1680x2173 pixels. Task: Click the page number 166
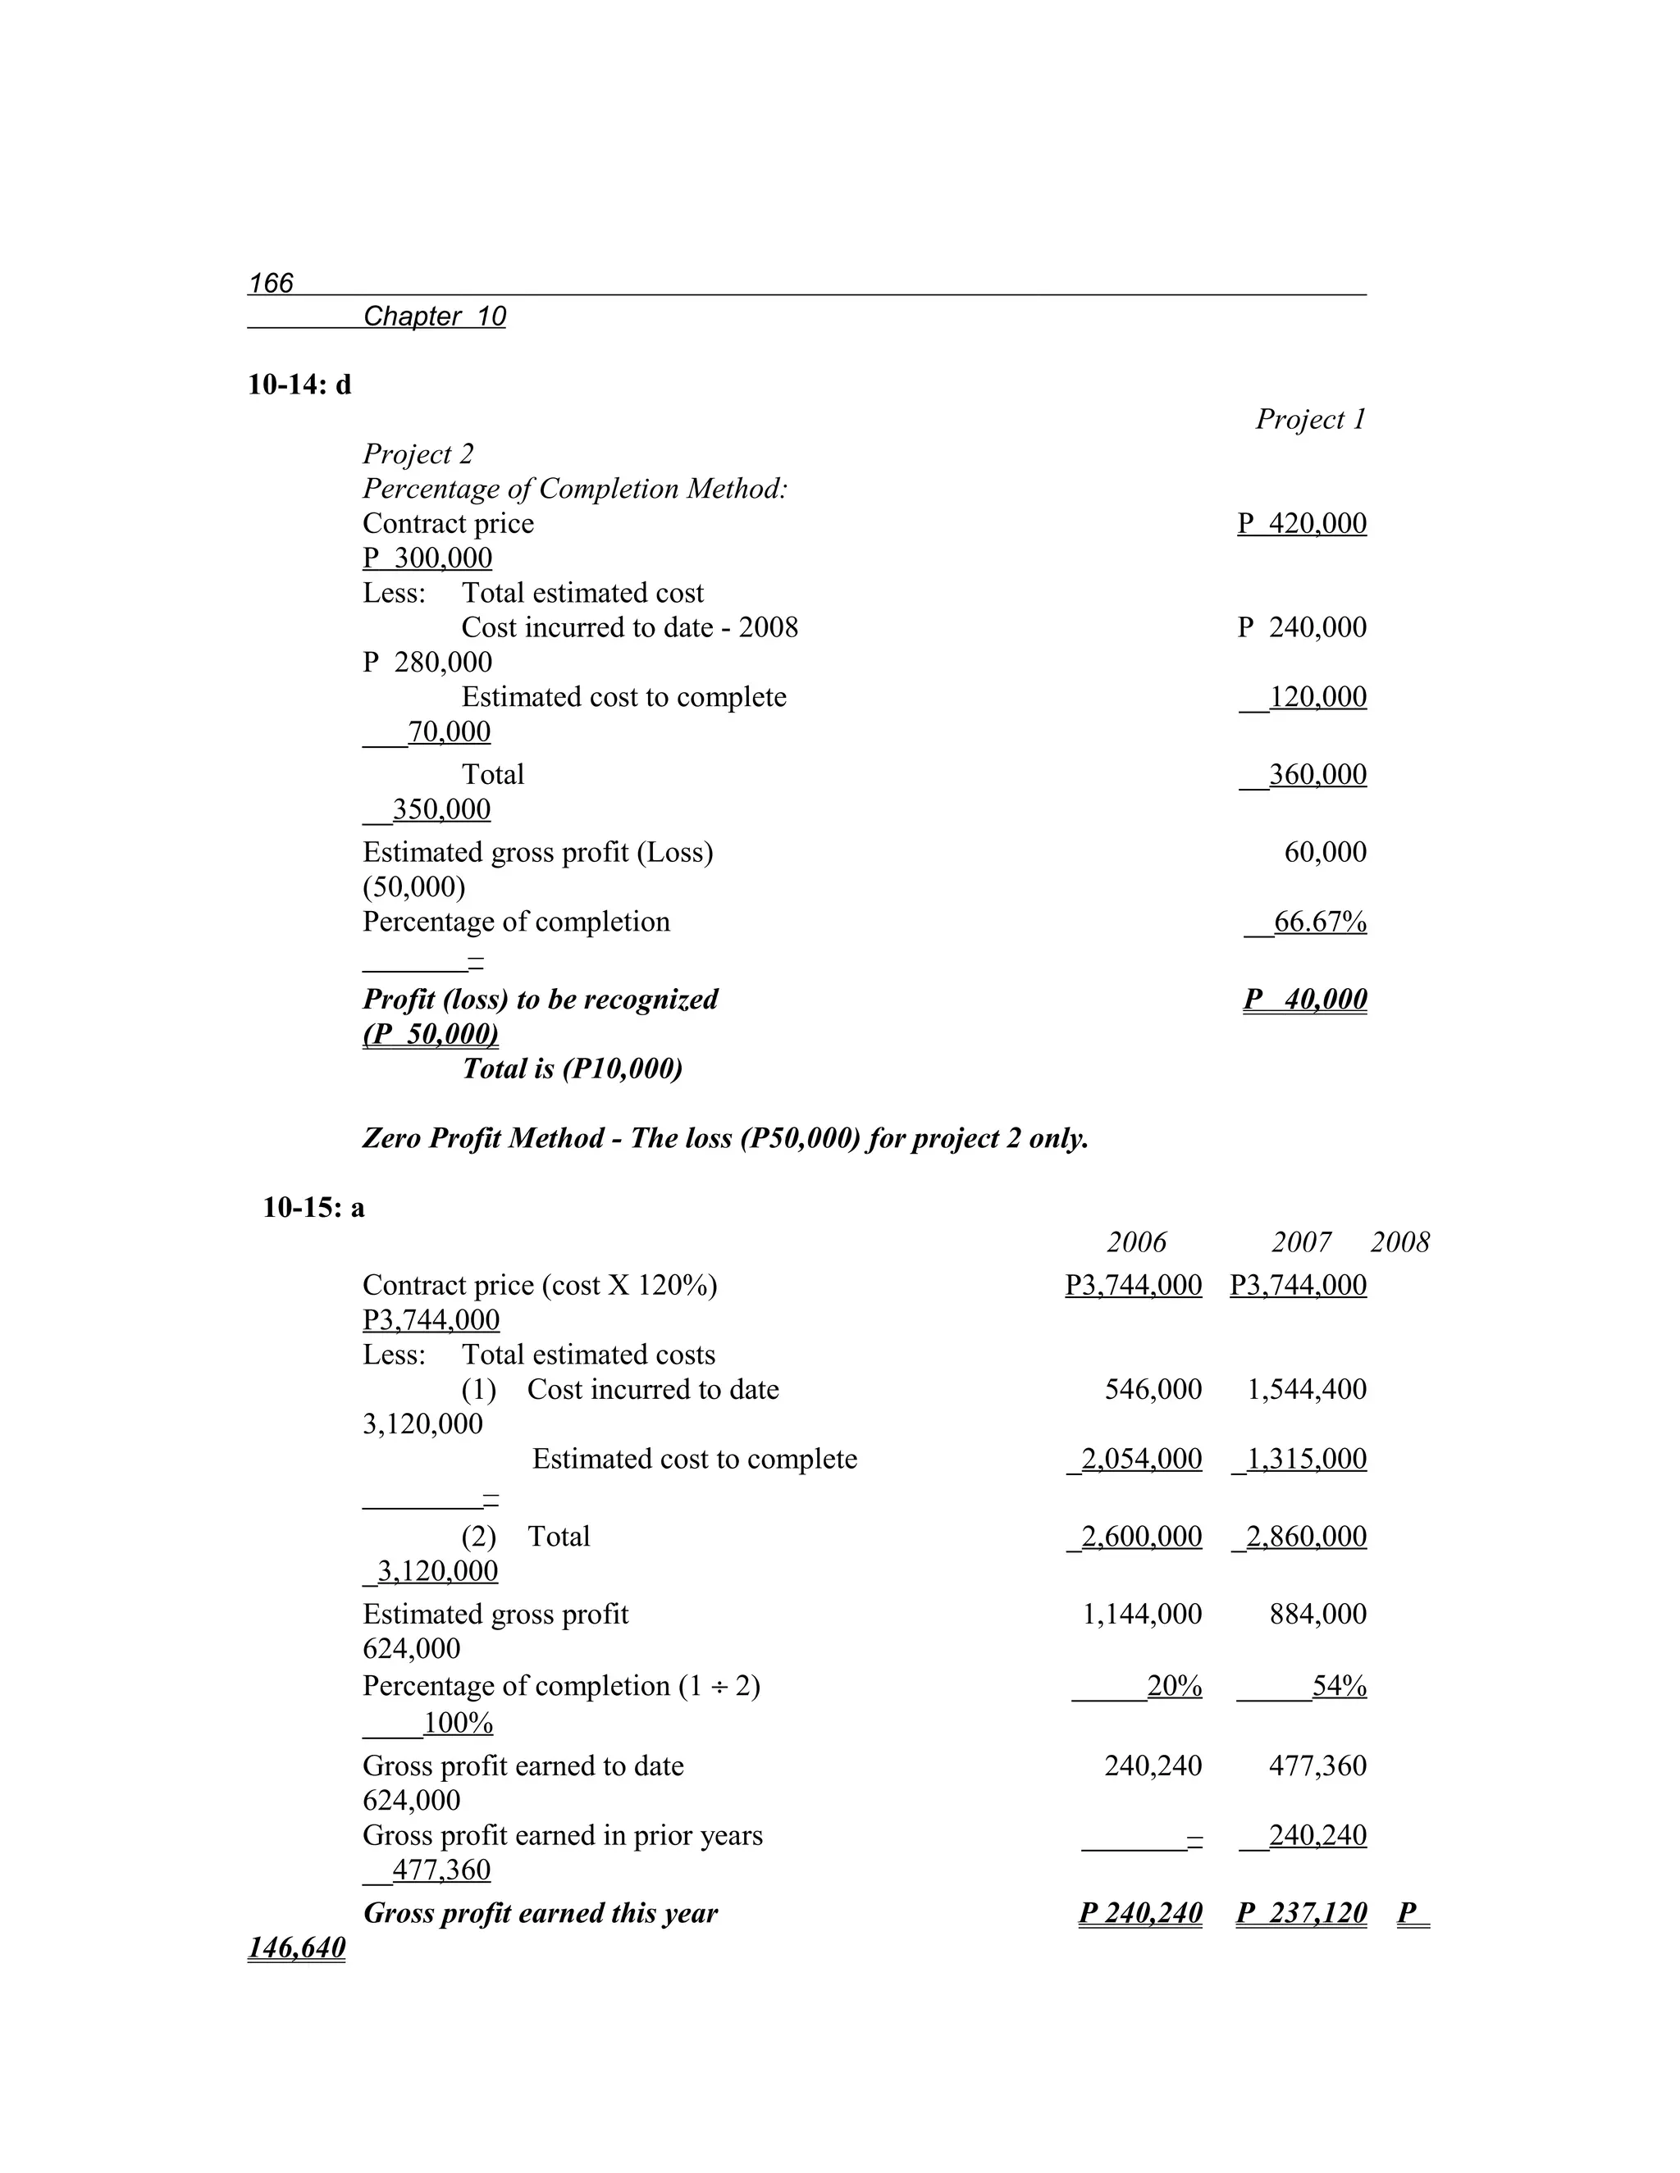[271, 284]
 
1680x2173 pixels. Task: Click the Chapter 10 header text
[434, 317]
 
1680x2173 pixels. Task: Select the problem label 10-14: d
[299, 385]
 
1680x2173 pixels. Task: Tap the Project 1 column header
[1310, 419]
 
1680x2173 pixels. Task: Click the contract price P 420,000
[1302, 523]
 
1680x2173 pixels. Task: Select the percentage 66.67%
[1319, 922]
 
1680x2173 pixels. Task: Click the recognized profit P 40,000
[1305, 999]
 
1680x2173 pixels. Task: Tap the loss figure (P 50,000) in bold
[430, 1034]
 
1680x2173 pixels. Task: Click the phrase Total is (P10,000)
[573, 1068]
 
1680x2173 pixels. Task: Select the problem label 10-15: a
[313, 1208]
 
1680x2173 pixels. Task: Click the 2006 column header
[1137, 1241]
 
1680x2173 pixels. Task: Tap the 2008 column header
[1399, 1241]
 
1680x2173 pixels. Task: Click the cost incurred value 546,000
[1153, 1389]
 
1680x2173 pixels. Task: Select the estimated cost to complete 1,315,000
[1305, 1459]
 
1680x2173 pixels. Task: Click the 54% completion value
[1339, 1685]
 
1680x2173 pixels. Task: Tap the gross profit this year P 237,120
[1302, 1912]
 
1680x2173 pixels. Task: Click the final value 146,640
[297, 1947]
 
